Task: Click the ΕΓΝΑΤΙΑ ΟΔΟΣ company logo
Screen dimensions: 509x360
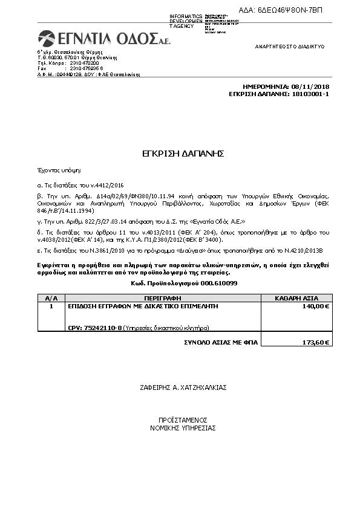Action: click(x=97, y=39)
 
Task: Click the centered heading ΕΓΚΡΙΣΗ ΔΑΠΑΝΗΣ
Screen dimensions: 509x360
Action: click(x=180, y=154)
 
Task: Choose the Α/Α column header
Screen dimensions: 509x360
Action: click(x=51, y=299)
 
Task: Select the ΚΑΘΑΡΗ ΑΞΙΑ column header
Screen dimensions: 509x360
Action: click(x=296, y=299)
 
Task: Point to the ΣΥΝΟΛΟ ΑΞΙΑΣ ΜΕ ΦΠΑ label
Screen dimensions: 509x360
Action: click(x=221, y=343)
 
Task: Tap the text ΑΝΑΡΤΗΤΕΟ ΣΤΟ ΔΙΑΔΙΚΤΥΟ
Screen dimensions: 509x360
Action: click(x=290, y=47)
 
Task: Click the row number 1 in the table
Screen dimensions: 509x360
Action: click(x=51, y=306)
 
